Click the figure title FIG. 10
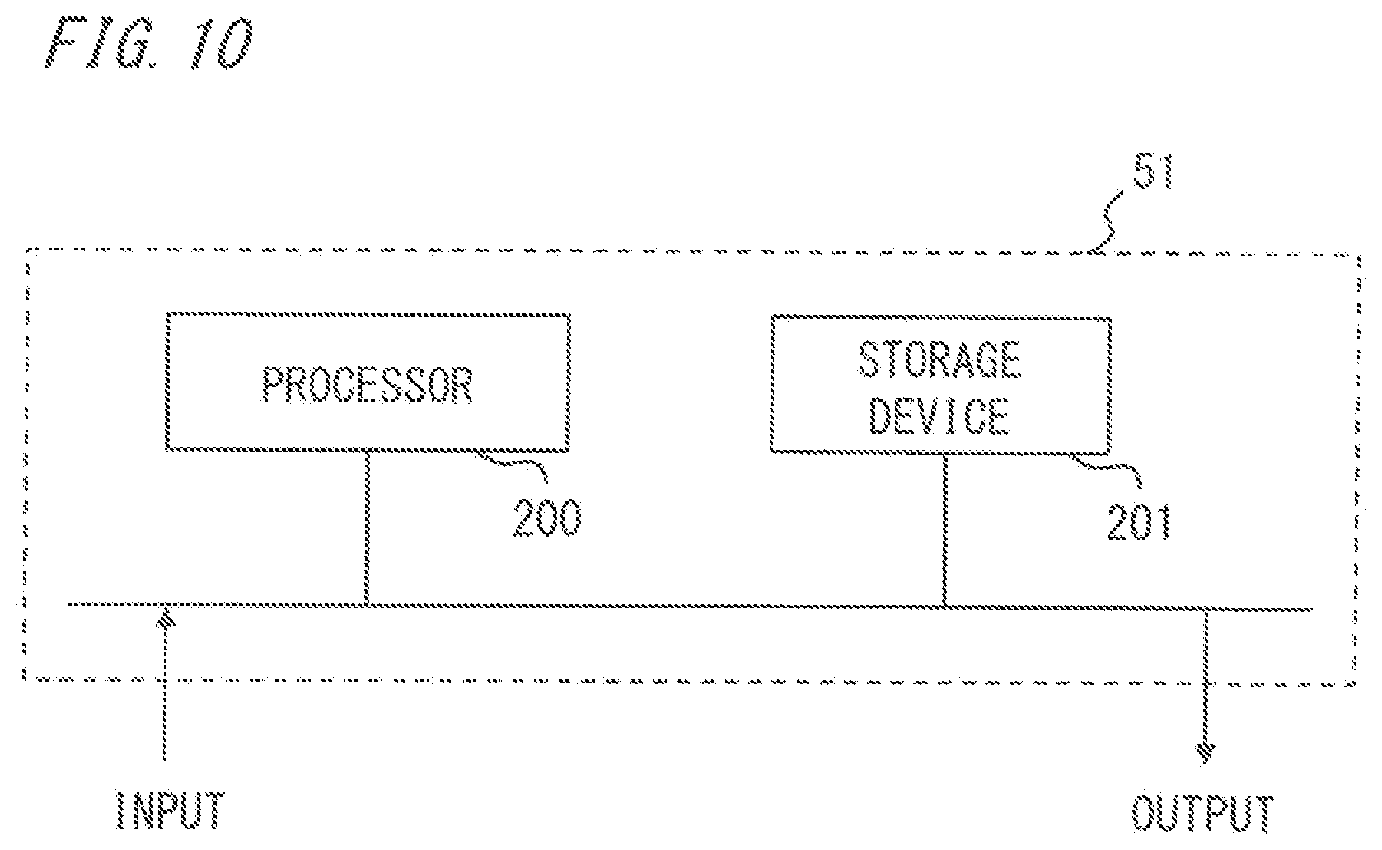tap(149, 43)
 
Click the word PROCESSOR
tap(368, 384)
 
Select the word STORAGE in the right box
tap(939, 359)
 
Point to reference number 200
tap(547, 517)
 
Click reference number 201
tap(1139, 522)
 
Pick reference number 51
tap(1152, 171)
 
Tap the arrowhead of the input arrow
tap(166, 618)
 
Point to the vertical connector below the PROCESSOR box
tap(367, 528)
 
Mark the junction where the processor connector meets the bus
tap(367, 605)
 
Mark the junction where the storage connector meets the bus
tap(944, 608)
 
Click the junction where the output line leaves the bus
tap(1206, 610)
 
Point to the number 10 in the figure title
tap(221, 43)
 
